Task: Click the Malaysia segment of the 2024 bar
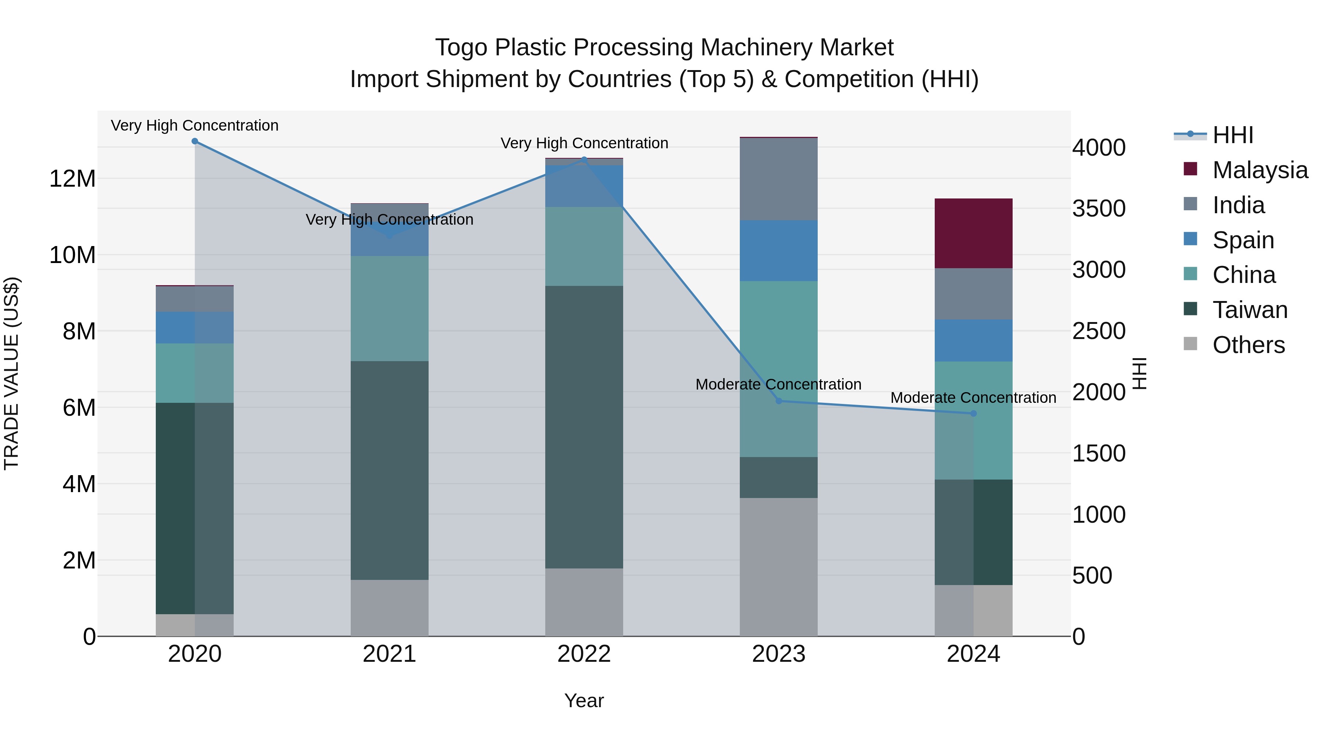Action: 973,233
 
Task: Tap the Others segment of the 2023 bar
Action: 779,567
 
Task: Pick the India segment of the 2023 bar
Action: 779,179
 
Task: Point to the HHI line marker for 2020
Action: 195,141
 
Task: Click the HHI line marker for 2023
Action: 779,401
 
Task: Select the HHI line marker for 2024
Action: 973,414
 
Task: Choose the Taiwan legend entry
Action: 1250,310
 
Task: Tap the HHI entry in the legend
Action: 1233,135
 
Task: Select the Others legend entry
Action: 1248,345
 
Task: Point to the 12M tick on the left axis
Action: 72,179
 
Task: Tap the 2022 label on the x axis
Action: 584,654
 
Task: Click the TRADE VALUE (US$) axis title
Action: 11,373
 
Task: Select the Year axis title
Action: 584,701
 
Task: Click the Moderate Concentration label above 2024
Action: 973,397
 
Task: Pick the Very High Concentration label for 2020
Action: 195,125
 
